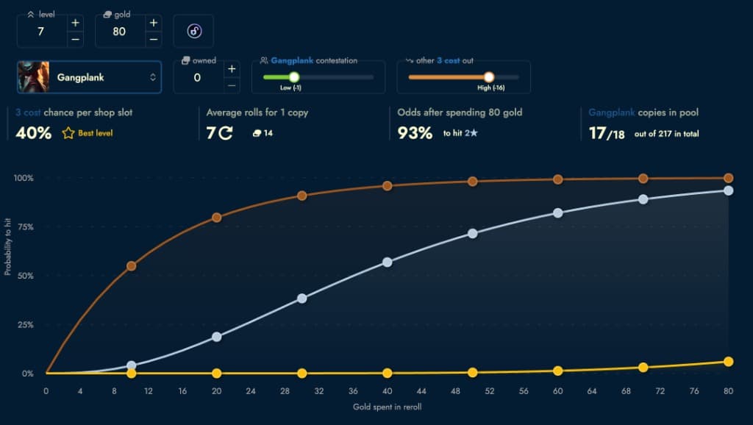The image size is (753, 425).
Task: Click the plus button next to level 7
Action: pyautogui.click(x=75, y=23)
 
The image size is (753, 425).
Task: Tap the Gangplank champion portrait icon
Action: pyautogui.click(x=33, y=77)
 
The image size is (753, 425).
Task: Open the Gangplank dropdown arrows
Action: pyautogui.click(x=153, y=77)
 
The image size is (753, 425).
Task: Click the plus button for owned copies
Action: pyautogui.click(x=231, y=69)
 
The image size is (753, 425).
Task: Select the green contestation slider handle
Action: pyautogui.click(x=294, y=76)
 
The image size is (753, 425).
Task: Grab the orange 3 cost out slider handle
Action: pyautogui.click(x=489, y=76)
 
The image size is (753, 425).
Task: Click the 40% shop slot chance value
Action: pyautogui.click(x=33, y=133)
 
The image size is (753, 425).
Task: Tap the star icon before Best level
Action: pyautogui.click(x=68, y=133)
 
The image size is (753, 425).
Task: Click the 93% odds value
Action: pyautogui.click(x=415, y=133)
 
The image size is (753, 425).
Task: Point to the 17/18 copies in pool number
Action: pyautogui.click(x=604, y=133)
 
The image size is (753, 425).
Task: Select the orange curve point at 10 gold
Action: pyautogui.click(x=132, y=266)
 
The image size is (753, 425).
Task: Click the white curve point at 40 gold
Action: pyautogui.click(x=388, y=262)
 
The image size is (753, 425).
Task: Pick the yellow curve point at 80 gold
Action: pyautogui.click(x=728, y=362)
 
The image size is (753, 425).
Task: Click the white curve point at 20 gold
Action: pyautogui.click(x=217, y=337)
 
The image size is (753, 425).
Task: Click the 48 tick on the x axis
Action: pyautogui.click(x=456, y=391)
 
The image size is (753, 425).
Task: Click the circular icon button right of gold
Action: pyautogui.click(x=194, y=31)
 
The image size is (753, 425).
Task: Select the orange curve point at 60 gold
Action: pyautogui.click(x=558, y=179)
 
